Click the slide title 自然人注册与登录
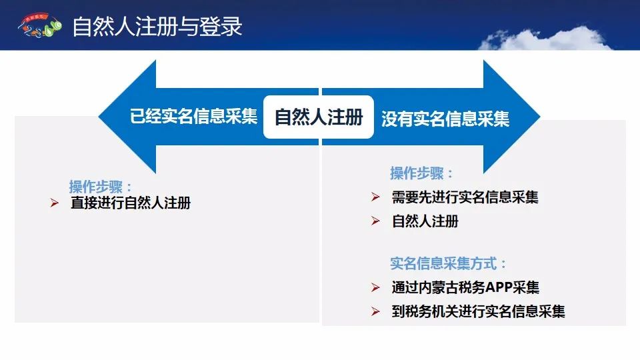point(157,27)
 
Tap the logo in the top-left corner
point(39,26)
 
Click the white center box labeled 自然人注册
point(319,117)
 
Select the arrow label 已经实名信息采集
point(193,116)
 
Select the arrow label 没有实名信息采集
point(445,119)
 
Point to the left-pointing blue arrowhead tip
point(99,116)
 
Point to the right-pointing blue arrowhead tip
point(540,116)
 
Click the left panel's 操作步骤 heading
point(101,187)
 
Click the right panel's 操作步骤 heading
point(421,173)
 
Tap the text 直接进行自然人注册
point(131,203)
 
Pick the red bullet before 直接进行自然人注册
point(54,203)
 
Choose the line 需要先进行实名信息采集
point(465,197)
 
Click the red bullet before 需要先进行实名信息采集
point(375,197)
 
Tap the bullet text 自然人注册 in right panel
point(425,221)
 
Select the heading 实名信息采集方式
point(448,264)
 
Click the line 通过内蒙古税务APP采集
point(465,287)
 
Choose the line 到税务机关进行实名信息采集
point(479,311)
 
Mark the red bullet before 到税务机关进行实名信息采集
point(375,311)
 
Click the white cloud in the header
point(545,39)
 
